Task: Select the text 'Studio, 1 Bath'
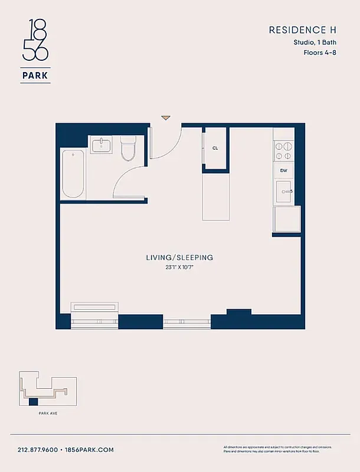coord(316,42)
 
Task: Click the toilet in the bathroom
coord(128,149)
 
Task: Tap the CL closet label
coord(215,148)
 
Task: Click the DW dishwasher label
coord(284,171)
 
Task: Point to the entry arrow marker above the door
coord(166,118)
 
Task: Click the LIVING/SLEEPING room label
coord(179,258)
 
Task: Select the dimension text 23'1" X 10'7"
coord(179,268)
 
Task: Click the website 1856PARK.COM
coord(89,450)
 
